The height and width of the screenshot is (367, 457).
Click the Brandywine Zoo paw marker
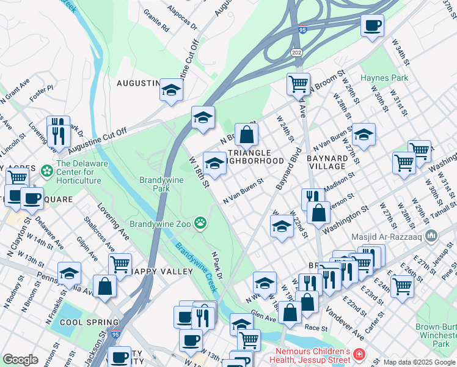(x=200, y=222)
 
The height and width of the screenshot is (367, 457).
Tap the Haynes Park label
(x=384, y=78)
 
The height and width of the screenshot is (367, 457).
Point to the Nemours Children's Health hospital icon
(x=359, y=354)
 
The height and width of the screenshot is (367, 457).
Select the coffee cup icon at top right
(x=372, y=25)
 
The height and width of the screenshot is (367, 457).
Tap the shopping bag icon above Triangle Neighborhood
(x=246, y=134)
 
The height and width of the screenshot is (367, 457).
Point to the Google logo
(x=20, y=360)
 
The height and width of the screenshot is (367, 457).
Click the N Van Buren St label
(x=243, y=190)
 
